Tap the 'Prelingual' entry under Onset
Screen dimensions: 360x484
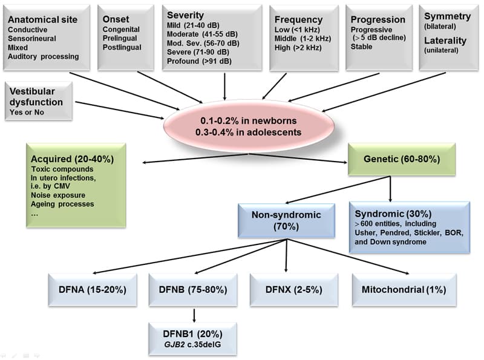(121, 38)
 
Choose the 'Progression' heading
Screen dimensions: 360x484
(378, 19)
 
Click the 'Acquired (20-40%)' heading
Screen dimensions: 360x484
(72, 159)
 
